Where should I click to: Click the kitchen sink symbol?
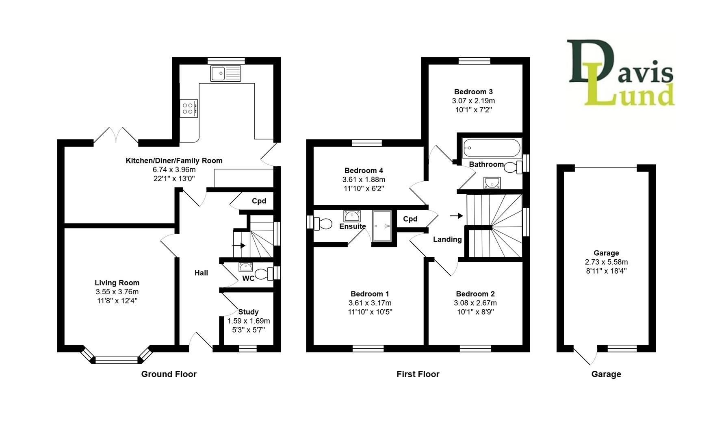[225, 74]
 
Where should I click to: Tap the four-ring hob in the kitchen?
[189, 109]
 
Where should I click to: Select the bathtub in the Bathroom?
[492, 148]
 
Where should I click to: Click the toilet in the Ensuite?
[323, 224]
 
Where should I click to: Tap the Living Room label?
[117, 283]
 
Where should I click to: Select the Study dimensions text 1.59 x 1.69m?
[248, 321]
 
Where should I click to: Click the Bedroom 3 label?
[473, 92]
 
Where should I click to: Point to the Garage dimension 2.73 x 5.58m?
[606, 262]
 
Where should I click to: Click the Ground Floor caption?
[169, 374]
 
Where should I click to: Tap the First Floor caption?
[418, 374]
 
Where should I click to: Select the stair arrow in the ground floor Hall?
[239, 246]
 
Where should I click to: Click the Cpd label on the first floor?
[410, 219]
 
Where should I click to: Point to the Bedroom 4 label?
[364, 171]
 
